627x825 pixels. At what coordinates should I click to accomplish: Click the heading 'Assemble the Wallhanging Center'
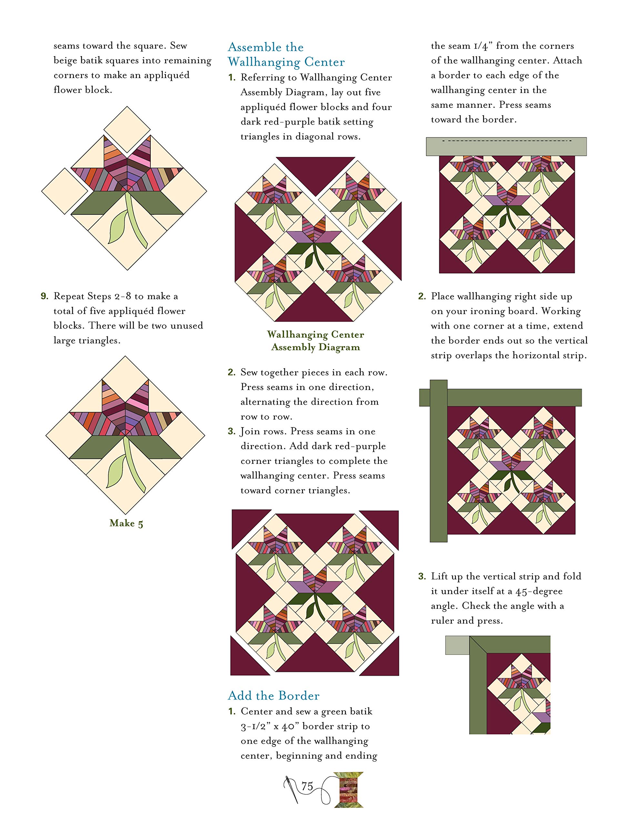tap(286, 54)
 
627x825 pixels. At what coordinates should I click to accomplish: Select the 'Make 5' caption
tap(126, 523)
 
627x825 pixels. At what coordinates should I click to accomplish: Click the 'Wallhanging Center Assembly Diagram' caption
tap(316, 341)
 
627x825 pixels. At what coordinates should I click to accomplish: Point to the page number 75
tap(307, 786)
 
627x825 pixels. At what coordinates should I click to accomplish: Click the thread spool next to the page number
tap(348, 790)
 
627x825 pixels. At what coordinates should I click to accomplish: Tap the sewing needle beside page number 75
tap(292, 789)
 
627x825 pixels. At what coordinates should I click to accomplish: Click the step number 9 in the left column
tap(45, 296)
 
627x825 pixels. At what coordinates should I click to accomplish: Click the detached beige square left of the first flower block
tap(65, 191)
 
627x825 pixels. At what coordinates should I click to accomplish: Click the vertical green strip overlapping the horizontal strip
tap(439, 461)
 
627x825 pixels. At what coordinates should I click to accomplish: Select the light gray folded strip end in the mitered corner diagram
tap(457, 645)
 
